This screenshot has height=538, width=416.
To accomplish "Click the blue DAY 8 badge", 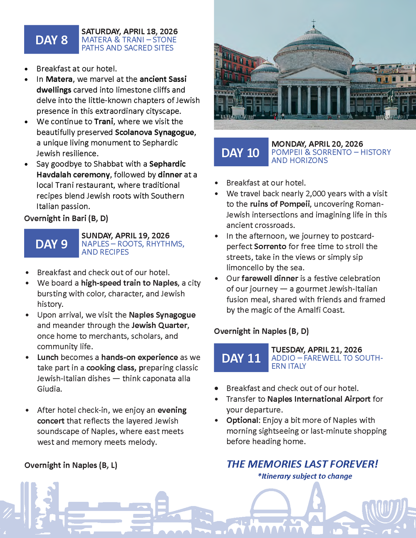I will (51, 39).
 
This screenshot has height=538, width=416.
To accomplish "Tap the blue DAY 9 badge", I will (51, 244).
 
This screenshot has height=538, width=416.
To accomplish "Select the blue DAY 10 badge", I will (241, 153).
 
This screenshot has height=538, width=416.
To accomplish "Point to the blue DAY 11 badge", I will (241, 358).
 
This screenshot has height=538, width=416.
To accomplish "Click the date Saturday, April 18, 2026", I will (129, 32).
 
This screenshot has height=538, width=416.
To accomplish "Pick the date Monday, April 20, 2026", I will (317, 144).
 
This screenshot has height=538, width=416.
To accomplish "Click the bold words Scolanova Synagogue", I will (155, 132).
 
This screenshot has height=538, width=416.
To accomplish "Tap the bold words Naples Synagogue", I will (162, 315).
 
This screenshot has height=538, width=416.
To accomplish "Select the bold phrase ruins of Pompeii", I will (280, 204).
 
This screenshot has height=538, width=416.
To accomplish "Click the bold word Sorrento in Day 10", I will (270, 246).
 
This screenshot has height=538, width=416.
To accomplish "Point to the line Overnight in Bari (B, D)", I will (66, 218).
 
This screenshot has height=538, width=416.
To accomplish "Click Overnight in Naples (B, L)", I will (71, 465).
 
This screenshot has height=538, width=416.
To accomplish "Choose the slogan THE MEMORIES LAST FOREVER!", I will (302, 464).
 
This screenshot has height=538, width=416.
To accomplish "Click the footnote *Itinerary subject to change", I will (305, 476).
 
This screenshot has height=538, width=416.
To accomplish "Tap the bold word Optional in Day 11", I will (243, 420).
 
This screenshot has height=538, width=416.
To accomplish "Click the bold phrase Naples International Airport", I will (319, 399).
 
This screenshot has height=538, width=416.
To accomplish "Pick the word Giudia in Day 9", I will (49, 389).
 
